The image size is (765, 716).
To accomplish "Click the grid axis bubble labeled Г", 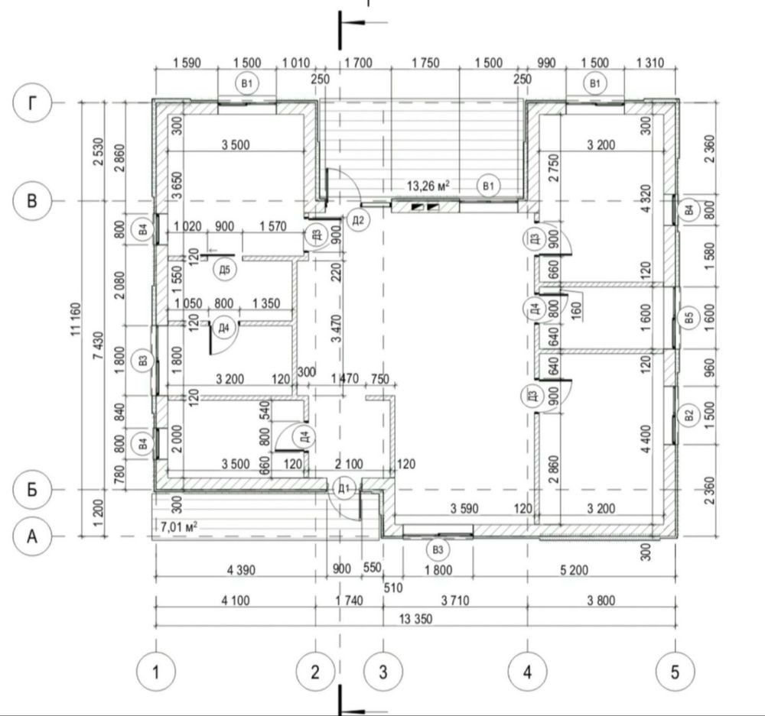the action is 31,103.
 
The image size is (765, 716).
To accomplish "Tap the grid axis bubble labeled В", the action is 31,200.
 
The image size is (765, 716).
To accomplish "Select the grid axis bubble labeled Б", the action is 31,489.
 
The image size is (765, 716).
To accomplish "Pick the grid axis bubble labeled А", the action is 31,536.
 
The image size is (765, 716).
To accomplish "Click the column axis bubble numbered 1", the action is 155,672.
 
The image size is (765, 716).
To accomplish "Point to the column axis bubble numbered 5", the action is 675,672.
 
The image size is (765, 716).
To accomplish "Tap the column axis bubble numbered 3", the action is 383,672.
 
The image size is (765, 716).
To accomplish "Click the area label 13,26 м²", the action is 428,186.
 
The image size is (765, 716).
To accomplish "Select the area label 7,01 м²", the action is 178,526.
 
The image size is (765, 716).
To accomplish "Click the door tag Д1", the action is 344,488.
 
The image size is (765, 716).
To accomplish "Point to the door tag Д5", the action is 224,270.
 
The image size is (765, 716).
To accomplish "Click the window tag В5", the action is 689,318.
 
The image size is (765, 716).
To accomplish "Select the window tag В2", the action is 689,416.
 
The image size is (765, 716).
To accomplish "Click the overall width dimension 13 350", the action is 415,619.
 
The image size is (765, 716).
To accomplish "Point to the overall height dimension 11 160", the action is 76,319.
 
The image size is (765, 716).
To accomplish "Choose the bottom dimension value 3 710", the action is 455,601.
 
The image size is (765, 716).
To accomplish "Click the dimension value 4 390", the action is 241,569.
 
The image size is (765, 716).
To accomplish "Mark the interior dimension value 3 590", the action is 464,509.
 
